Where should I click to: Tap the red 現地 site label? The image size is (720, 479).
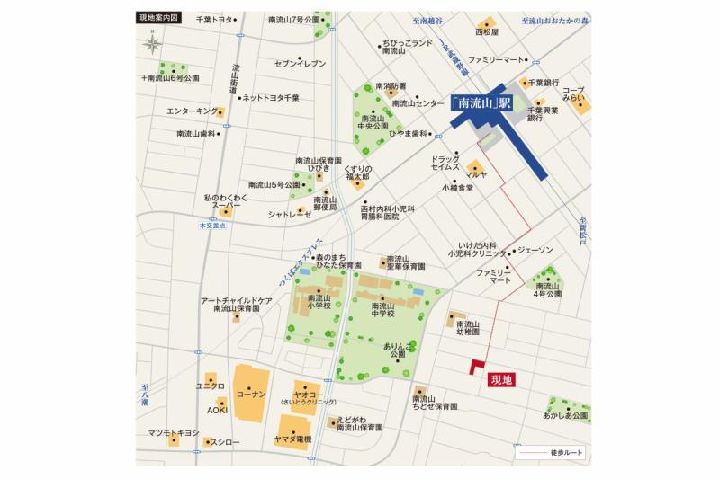[x=500, y=380]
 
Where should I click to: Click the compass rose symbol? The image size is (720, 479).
[x=153, y=42]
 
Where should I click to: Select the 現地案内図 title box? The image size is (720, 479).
[x=160, y=18]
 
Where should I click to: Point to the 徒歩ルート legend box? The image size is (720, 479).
[x=552, y=454]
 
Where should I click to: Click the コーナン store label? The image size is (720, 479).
[x=251, y=395]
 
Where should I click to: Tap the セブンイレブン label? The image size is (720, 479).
[x=300, y=63]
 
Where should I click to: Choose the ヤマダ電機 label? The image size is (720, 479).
[x=293, y=439]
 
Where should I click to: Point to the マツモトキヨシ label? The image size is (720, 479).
[x=173, y=433]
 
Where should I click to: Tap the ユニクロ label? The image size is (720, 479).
[x=210, y=386]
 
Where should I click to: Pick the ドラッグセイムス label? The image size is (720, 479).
[x=445, y=163]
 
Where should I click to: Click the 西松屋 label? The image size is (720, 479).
[x=487, y=31]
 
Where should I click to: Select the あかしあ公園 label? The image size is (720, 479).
[x=564, y=416]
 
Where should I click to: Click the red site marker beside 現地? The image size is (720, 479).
[x=475, y=366]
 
